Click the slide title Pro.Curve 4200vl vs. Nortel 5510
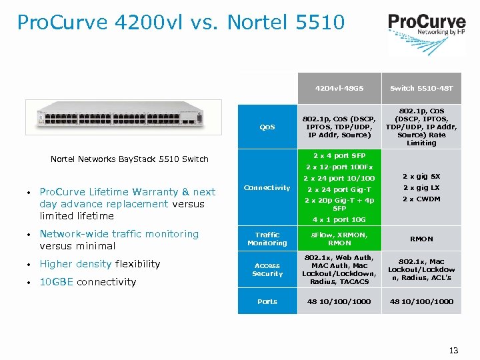point(181,23)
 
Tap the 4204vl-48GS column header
point(339,88)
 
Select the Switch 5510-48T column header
point(421,88)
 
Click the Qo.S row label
point(267,126)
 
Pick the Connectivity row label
point(267,188)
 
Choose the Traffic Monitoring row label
point(267,239)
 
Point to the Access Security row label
point(267,269)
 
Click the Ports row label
point(267,301)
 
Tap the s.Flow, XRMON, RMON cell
point(339,239)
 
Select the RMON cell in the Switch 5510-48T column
point(421,239)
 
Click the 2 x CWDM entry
point(421,199)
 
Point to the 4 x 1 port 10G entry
point(339,219)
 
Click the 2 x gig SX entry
point(421,177)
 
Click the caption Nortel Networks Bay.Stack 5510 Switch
point(130,159)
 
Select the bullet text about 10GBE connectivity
point(87,282)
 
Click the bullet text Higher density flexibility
point(100,264)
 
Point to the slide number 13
point(454,351)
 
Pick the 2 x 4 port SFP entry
point(339,155)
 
